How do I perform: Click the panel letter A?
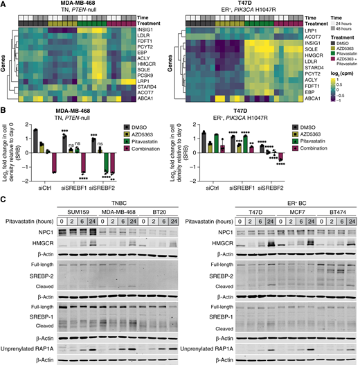pyautogui.click(x=4, y=4)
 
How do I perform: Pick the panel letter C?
pyautogui.click(x=4, y=200)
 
